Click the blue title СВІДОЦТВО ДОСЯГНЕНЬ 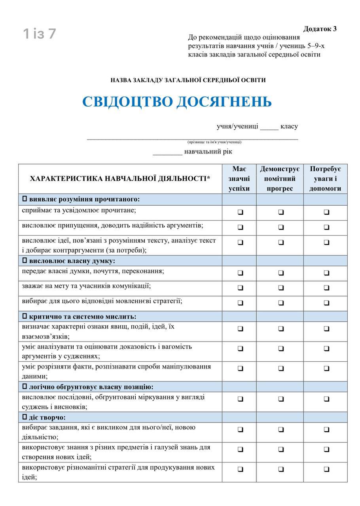[177, 102]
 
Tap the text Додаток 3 [320, 29]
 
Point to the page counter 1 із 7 [40, 34]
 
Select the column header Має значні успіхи [239, 179]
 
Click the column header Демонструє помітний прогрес [280, 179]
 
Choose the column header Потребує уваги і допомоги [325, 179]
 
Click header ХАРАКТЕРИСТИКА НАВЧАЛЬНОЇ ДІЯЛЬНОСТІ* [120, 179]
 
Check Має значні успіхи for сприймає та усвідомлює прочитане [240, 212]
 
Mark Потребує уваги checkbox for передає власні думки [326, 273]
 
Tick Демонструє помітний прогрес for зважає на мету [281, 288]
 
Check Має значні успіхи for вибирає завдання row [240, 429]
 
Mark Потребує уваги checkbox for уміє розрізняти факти [326, 368]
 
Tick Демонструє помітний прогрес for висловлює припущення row [281, 227]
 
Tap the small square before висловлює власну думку [25, 261]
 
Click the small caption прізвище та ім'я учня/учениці [214, 142]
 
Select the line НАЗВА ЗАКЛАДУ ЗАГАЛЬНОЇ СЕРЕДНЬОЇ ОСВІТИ [188, 80]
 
